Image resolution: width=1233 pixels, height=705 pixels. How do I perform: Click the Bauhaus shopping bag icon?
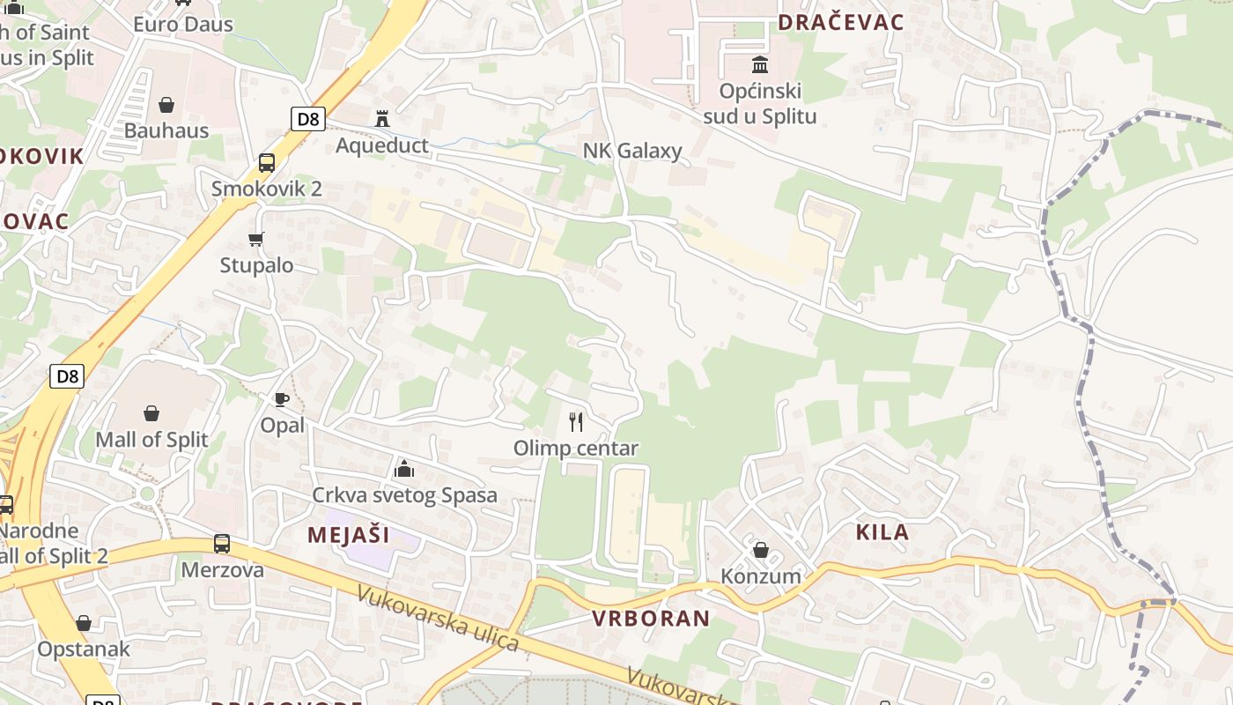click(x=166, y=106)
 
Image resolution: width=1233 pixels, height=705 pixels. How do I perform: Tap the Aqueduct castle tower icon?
click(x=382, y=118)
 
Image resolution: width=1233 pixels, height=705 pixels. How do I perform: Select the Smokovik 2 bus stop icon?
click(x=266, y=163)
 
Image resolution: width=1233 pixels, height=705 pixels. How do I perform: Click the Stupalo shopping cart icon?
click(x=256, y=239)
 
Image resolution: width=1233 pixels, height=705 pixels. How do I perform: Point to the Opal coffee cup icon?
click(x=282, y=399)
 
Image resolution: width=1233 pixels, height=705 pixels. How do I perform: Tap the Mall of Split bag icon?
click(x=151, y=412)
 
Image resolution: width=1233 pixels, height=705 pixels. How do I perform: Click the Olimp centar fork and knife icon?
click(x=576, y=421)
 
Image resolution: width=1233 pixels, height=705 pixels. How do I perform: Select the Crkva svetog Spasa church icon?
click(x=404, y=468)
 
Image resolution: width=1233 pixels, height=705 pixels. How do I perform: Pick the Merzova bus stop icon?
click(x=222, y=544)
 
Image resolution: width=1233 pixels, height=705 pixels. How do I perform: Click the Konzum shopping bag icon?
click(x=761, y=550)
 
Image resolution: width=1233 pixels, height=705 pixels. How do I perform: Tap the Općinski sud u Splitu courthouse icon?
click(x=759, y=64)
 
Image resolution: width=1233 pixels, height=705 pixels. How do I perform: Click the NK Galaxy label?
click(x=632, y=151)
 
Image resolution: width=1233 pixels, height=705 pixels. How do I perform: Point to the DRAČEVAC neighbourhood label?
click(x=840, y=23)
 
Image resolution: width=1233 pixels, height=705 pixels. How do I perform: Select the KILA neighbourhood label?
click(x=882, y=532)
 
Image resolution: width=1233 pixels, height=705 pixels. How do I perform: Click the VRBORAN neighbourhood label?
click(x=651, y=619)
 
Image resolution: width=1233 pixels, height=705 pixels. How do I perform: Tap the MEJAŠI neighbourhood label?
click(x=348, y=535)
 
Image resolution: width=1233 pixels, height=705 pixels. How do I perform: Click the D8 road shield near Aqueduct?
click(x=307, y=118)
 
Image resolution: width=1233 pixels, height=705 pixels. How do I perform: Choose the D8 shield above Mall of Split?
click(x=67, y=376)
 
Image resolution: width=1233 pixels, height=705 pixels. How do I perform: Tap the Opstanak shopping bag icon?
click(x=84, y=623)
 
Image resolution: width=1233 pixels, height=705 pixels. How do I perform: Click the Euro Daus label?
click(x=183, y=24)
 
